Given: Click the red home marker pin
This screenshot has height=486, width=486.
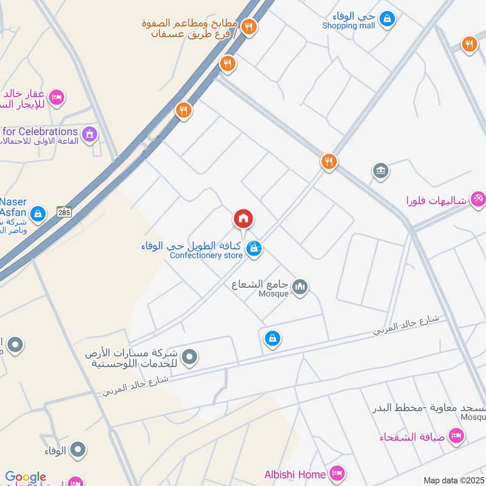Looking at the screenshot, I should [243, 219].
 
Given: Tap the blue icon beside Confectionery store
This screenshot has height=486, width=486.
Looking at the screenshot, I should [255, 248].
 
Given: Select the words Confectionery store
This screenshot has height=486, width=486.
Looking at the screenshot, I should [206, 255].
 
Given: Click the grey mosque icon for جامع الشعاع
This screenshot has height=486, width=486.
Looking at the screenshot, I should [299, 286].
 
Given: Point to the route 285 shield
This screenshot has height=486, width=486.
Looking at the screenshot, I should [64, 212].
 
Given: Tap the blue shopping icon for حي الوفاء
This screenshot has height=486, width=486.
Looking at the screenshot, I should [386, 19].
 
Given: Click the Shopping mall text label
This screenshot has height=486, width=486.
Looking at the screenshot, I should [348, 26].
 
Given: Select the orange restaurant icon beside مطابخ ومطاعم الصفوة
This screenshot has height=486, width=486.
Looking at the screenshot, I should [248, 27].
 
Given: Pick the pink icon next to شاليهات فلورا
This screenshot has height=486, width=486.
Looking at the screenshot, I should [478, 199].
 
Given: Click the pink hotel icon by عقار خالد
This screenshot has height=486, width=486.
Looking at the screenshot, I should [56, 97].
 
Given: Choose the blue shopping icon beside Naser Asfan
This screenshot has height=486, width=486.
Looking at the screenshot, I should [38, 213].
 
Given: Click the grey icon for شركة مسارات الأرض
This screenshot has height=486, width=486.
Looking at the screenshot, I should [190, 357].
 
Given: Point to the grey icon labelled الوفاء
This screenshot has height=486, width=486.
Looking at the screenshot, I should [77, 450].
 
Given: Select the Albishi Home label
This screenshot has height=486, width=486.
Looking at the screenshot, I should [296, 474].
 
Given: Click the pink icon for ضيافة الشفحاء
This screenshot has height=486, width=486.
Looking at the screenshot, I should [456, 435].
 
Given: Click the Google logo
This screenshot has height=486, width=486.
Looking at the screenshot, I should [26, 477].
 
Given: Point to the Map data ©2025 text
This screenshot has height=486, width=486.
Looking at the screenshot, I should [454, 480].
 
